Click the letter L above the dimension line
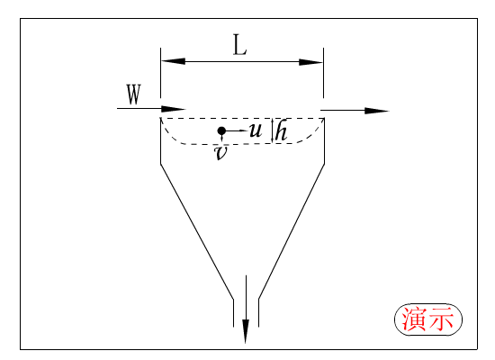[x=239, y=45]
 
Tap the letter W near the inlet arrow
[x=134, y=94]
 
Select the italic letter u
[x=256, y=130]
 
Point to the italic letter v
[x=220, y=153]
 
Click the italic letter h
[x=281, y=131]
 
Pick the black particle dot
[x=221, y=130]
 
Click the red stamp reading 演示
[x=428, y=319]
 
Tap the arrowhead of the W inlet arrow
[x=173, y=109]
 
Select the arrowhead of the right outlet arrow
[x=376, y=111]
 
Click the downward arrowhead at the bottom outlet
[x=246, y=331]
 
